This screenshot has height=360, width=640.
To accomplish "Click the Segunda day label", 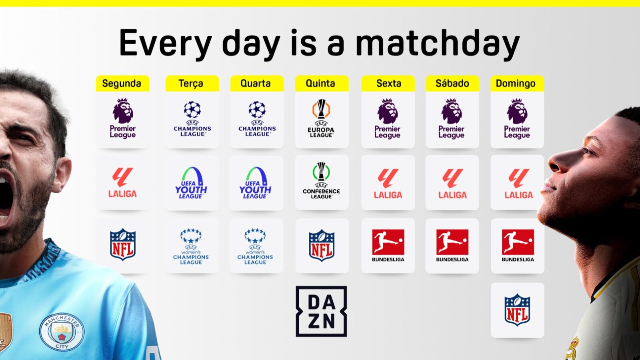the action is [x=122, y=84].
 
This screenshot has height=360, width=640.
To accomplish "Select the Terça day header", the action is [x=191, y=84].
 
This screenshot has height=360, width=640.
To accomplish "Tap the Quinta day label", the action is [x=320, y=84].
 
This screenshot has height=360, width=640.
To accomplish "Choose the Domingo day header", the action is [x=516, y=84].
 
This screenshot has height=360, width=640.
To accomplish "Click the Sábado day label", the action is [x=452, y=84].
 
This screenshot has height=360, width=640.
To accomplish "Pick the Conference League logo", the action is [x=321, y=181].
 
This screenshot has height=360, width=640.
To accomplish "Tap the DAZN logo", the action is [x=321, y=312].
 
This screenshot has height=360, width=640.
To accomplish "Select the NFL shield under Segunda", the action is [x=122, y=244].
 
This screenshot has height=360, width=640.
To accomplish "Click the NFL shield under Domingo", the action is [x=517, y=310].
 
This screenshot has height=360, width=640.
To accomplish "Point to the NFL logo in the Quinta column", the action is [x=322, y=245].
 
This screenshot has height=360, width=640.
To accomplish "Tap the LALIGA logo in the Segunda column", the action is [x=122, y=182].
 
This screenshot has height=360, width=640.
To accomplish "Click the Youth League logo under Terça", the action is [x=191, y=183].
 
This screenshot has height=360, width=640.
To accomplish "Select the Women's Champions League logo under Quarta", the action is [x=255, y=246].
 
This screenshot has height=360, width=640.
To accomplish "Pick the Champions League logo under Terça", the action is [x=192, y=118].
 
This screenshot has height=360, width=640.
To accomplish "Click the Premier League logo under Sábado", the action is [x=452, y=118].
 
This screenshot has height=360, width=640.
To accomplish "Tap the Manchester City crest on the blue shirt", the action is [x=62, y=332].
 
